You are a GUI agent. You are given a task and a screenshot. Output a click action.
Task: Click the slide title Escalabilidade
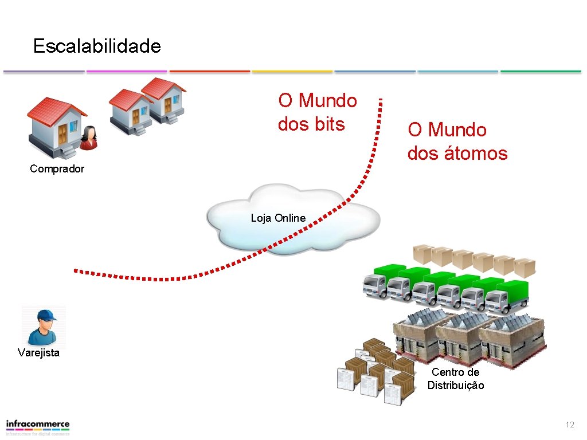(97, 46)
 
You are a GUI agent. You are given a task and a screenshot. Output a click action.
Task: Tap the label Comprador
(57, 169)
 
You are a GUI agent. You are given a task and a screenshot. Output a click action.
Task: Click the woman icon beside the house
(88, 138)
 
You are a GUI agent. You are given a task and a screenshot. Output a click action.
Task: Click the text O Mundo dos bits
(317, 112)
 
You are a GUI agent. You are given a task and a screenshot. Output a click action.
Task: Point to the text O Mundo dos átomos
(457, 142)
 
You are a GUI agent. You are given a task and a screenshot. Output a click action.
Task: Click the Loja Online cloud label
(278, 218)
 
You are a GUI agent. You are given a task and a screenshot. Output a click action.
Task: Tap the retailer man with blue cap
(44, 327)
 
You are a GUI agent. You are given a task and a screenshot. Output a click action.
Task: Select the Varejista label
(38, 353)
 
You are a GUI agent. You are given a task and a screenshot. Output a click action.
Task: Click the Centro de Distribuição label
(456, 379)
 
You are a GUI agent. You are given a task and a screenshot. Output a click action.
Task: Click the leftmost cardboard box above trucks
(424, 254)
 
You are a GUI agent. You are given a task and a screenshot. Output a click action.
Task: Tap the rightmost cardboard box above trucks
(524, 267)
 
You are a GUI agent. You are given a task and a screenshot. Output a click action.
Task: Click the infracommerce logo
(38, 427)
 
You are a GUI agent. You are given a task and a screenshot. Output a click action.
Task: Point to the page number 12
(569, 425)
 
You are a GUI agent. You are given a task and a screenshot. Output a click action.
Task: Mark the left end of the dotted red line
(75, 270)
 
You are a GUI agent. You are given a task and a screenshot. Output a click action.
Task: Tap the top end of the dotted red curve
(379, 100)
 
